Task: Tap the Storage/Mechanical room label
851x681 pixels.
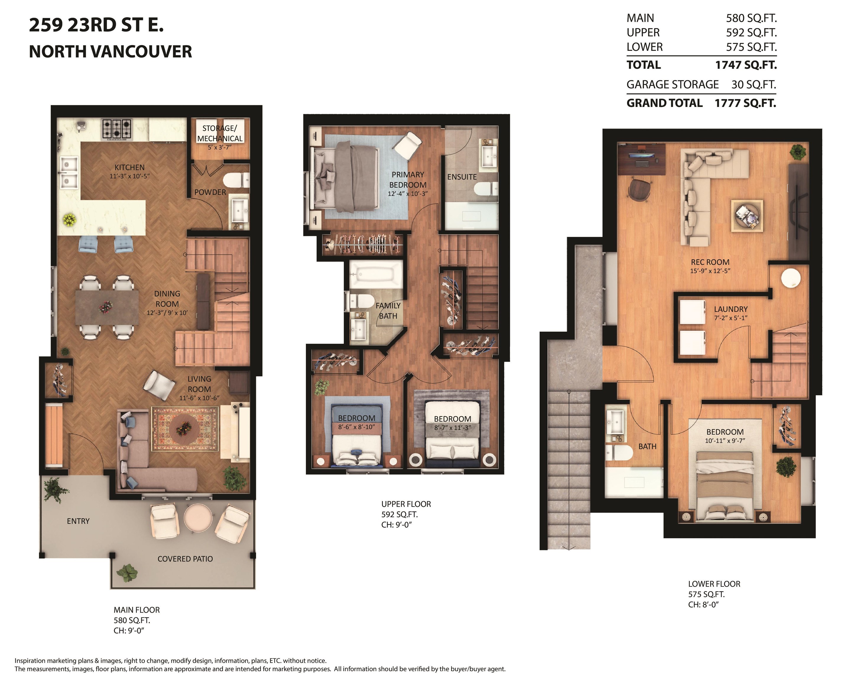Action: (x=220, y=133)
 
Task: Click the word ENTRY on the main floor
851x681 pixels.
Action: (x=78, y=521)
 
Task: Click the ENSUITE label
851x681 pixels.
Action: (x=462, y=177)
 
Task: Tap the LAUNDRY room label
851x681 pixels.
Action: (x=731, y=309)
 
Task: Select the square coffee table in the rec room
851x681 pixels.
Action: (x=747, y=215)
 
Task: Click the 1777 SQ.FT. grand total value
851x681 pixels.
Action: (x=745, y=103)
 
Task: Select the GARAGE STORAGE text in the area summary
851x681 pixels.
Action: (x=673, y=85)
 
